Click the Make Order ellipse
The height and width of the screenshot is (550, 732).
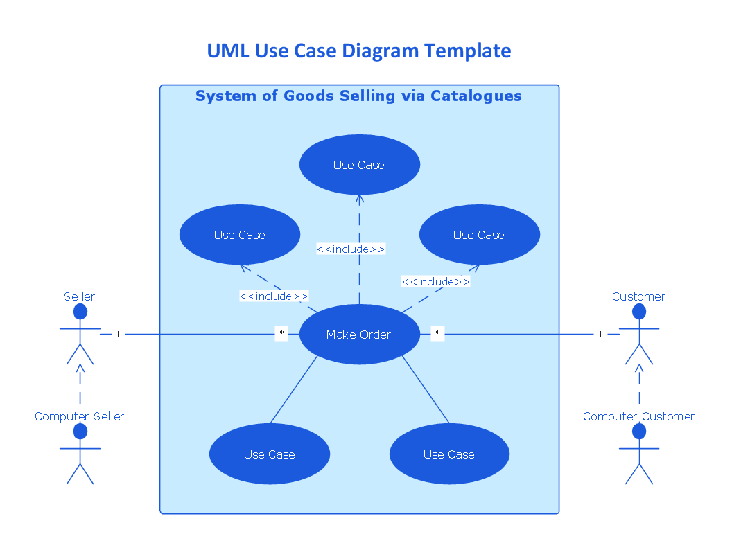click(359, 335)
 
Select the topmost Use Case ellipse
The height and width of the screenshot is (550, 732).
click(359, 165)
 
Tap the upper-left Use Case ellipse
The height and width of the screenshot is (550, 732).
click(239, 235)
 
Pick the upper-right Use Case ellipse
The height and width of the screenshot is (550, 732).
click(479, 235)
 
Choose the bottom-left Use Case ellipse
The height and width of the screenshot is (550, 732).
click(269, 454)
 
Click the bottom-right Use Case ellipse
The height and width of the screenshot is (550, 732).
click(449, 454)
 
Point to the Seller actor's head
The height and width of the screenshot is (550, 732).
click(80, 312)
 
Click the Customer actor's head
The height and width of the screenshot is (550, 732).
click(639, 312)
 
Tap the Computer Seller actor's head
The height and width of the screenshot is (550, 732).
click(80, 432)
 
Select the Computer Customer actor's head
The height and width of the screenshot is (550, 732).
click(639, 432)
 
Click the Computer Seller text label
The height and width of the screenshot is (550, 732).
click(80, 416)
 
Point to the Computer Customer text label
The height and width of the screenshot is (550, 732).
click(638, 416)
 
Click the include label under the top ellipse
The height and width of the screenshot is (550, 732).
click(351, 249)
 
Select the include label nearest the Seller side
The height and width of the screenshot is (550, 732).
click(274, 296)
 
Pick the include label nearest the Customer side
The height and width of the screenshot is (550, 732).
click(436, 281)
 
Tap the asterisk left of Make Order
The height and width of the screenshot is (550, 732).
click(281, 334)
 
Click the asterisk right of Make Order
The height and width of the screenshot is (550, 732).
click(437, 334)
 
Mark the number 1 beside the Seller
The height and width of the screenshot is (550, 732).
click(118, 335)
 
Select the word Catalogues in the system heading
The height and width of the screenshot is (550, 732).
click(476, 96)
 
